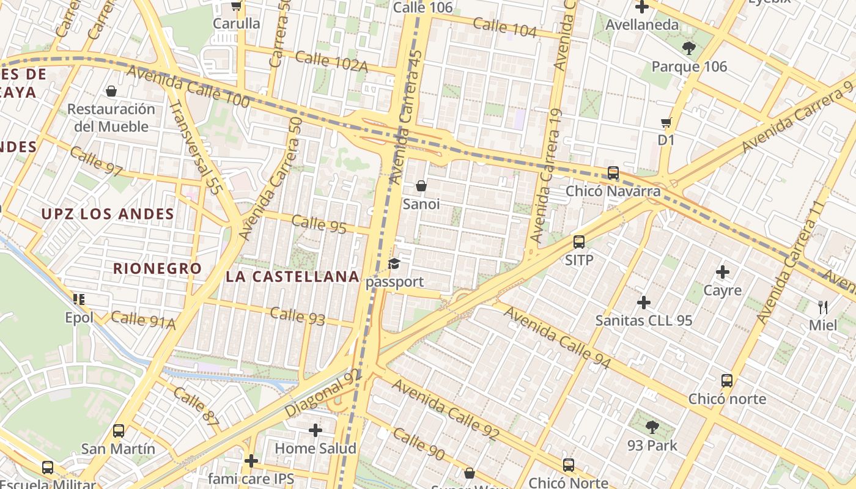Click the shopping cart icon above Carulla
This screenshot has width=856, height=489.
(x=236, y=6)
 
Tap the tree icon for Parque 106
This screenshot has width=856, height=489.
(x=689, y=48)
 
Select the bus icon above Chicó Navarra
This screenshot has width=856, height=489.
(x=613, y=173)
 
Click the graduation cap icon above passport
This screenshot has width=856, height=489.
(x=394, y=264)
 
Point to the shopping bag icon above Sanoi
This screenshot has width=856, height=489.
(x=421, y=186)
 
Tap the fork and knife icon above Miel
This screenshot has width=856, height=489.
(x=823, y=307)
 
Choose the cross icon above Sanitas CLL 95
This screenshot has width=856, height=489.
(x=644, y=302)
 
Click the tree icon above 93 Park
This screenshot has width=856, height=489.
(x=652, y=427)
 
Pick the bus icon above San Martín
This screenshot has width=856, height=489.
(x=119, y=430)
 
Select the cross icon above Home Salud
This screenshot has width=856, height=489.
(x=315, y=430)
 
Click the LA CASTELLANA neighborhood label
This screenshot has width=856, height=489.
(x=292, y=276)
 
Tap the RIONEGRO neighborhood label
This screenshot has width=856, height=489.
(x=157, y=268)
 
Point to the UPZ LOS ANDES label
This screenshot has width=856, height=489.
(x=108, y=214)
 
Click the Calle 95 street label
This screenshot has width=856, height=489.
(x=319, y=224)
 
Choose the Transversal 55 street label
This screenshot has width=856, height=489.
(x=194, y=147)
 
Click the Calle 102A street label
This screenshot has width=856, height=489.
(x=331, y=61)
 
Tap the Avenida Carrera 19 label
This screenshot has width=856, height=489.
(x=546, y=176)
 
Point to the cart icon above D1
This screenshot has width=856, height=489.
(x=666, y=122)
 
